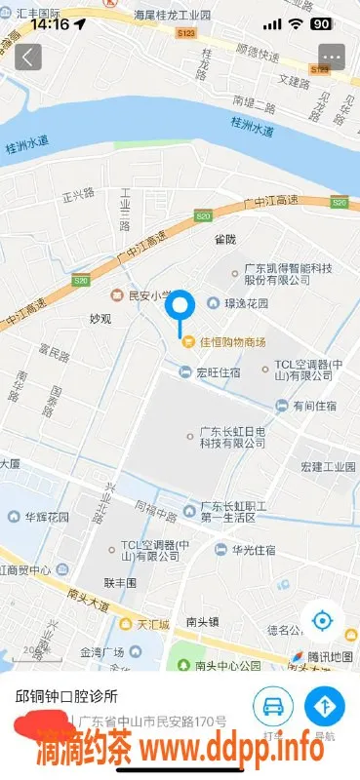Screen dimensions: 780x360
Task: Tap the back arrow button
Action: tap(27, 57)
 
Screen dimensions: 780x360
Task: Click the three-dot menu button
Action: tap(332, 57)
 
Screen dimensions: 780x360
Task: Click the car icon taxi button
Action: tap(273, 705)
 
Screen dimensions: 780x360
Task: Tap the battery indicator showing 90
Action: tap(321, 23)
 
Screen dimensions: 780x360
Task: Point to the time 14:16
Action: tap(50, 23)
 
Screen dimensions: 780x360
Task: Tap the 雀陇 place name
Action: tap(225, 237)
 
